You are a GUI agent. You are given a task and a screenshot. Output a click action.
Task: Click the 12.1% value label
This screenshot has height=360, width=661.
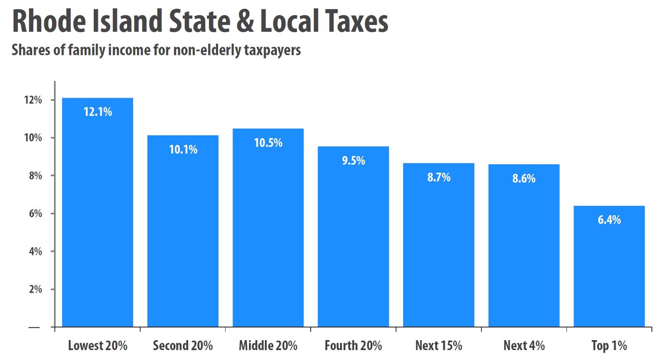pyautogui.click(x=98, y=112)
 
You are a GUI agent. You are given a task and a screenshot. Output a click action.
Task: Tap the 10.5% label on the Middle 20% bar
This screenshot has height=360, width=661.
pyautogui.click(x=268, y=143)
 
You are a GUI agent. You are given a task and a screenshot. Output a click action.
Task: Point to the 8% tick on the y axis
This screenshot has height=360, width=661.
pyautogui.click(x=36, y=175)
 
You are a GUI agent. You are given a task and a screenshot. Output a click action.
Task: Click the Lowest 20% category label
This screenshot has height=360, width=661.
pyautogui.click(x=97, y=346)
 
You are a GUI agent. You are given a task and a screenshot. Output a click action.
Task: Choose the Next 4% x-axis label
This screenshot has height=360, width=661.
pyautogui.click(x=524, y=346)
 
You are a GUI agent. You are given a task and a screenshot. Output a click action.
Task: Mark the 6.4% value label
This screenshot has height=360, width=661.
pyautogui.click(x=609, y=220)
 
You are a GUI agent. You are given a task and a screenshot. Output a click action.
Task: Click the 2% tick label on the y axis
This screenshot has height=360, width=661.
pyautogui.click(x=36, y=289)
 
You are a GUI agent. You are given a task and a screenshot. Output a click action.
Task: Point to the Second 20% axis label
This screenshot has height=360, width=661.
pyautogui.click(x=183, y=346)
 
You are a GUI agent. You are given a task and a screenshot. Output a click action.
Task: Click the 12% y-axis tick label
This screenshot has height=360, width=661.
pyautogui.click(x=33, y=100)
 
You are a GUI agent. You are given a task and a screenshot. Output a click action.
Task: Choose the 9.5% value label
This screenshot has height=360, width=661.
pyautogui.click(x=353, y=161)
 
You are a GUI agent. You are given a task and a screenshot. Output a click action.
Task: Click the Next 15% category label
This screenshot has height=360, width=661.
pyautogui.click(x=438, y=346)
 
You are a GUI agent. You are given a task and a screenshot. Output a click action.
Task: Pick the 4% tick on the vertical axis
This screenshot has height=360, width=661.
pyautogui.click(x=36, y=251)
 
